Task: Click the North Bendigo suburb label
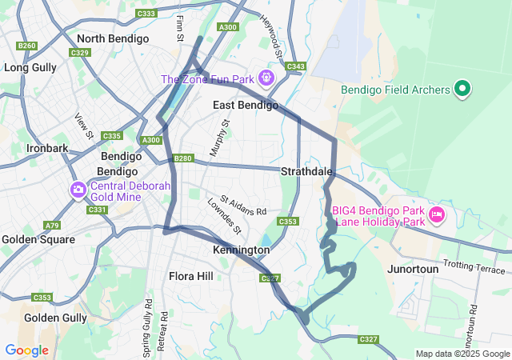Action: pyautogui.click(x=112, y=38)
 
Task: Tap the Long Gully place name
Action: pyautogui.click(x=30, y=67)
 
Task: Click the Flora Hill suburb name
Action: pyautogui.click(x=191, y=276)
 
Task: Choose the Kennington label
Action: pyautogui.click(x=241, y=250)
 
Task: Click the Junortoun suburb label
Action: pyautogui.click(x=413, y=269)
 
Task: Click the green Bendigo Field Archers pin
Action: pyautogui.click(x=462, y=90)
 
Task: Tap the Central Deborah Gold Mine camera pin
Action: pyautogui.click(x=78, y=190)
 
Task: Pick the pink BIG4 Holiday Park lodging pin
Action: pyautogui.click(x=437, y=214)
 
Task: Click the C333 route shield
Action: pyautogui.click(x=146, y=14)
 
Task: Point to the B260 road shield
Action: pyautogui.click(x=27, y=46)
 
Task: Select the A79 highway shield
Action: pyautogui.click(x=52, y=226)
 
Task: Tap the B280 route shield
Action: pyautogui.click(x=182, y=158)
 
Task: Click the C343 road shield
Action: pyautogui.click(x=295, y=66)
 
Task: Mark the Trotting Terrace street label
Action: pyautogui.click(x=475, y=266)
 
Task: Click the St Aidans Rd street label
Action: pyautogui.click(x=243, y=205)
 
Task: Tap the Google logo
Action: pyautogui.click(x=26, y=350)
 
